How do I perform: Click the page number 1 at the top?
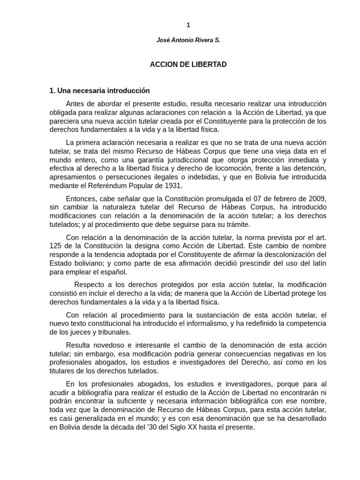click(188, 25)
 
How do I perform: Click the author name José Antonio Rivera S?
click(188, 41)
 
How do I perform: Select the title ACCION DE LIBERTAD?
click(188, 65)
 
